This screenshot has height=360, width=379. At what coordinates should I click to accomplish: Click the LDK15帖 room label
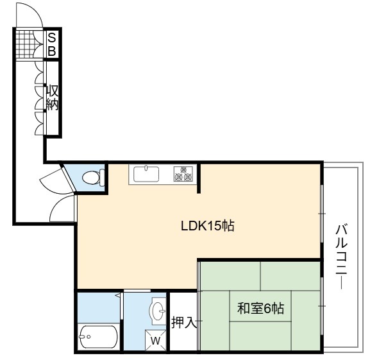208,226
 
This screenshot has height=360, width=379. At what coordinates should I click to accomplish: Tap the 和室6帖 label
260,308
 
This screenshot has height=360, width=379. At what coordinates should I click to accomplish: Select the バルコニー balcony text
342,257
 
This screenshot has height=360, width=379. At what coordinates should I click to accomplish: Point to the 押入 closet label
184,322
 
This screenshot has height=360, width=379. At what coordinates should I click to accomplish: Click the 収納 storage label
53,98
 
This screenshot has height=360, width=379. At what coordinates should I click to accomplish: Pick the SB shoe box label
52,44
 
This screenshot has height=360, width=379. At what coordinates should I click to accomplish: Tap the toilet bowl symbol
93,177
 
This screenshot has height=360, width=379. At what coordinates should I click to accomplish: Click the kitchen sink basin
146,174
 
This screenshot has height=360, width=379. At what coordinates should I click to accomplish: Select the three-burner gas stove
183,173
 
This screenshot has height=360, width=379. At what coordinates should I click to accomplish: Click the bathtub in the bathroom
99,337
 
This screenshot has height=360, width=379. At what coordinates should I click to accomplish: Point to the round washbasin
158,311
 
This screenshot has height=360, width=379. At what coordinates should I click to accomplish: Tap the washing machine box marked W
156,340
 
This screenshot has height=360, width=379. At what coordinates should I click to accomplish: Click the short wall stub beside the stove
199,178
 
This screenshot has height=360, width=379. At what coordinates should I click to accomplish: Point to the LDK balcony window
322,214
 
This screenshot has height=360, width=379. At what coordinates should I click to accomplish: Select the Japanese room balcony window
322,306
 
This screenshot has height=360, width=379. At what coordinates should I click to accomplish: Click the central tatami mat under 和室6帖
260,306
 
